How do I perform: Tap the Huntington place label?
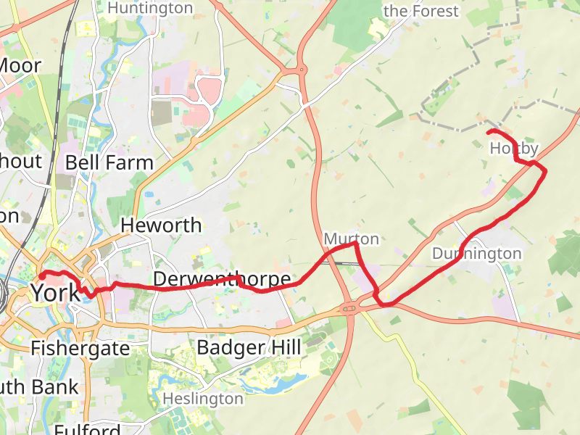150,9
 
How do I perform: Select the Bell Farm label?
109,162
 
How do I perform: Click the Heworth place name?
161,225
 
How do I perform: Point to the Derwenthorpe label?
222,279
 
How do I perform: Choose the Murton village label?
351,239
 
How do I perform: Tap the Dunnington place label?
476,254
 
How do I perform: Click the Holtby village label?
514,149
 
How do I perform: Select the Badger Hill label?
249,348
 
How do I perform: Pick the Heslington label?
202,399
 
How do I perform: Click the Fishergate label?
80,349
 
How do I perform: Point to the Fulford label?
87,429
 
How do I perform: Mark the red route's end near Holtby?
489,132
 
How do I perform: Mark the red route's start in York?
42,275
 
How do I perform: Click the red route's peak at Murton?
355,244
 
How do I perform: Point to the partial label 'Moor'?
20,66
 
